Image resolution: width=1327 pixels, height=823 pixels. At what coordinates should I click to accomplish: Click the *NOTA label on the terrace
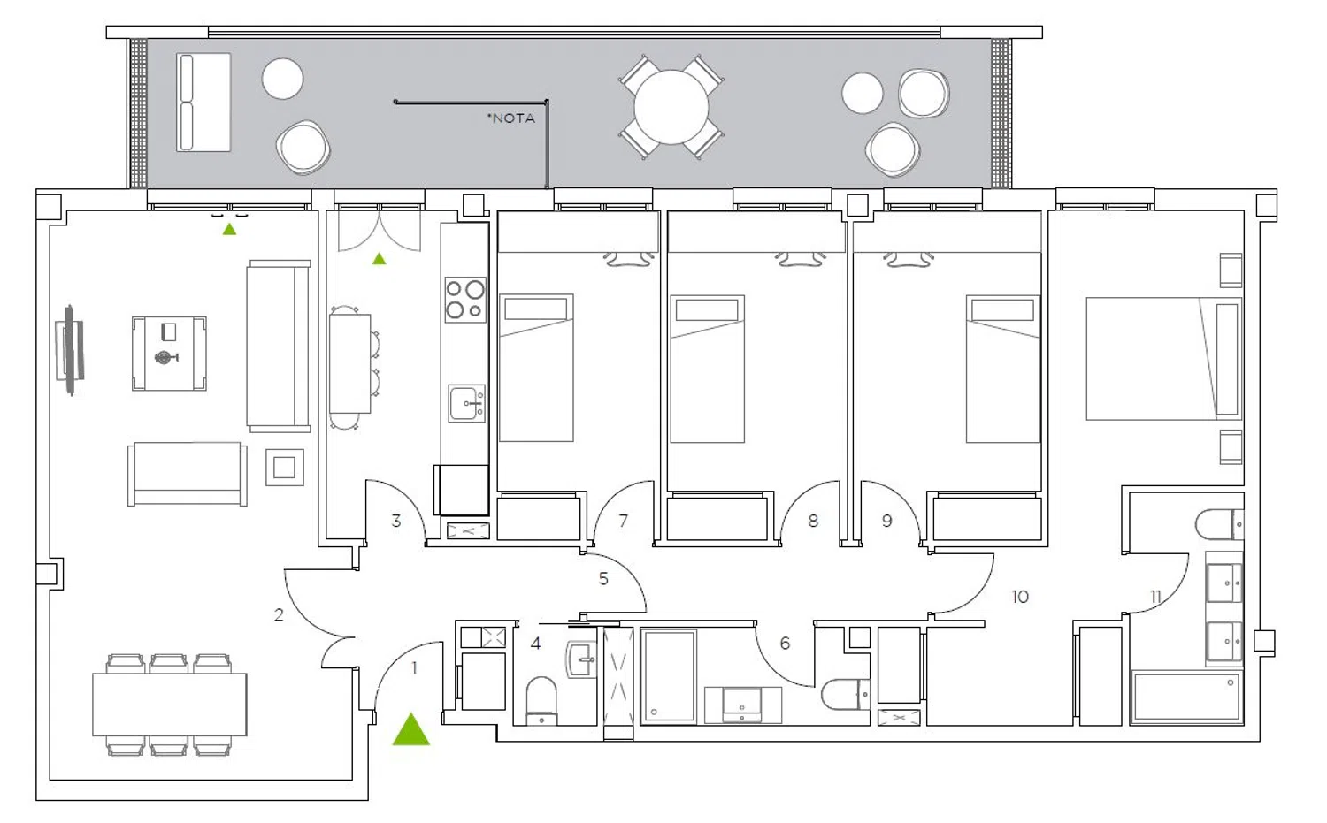click(510, 118)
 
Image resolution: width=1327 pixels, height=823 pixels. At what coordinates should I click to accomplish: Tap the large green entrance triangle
click(411, 730)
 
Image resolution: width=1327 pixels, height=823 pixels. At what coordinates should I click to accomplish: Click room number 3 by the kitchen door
click(395, 521)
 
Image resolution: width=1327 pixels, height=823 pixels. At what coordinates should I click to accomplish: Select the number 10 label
click(1020, 597)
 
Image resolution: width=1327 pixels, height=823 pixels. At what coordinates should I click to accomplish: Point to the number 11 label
click(1155, 597)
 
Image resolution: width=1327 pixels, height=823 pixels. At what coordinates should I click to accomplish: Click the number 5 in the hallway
click(603, 578)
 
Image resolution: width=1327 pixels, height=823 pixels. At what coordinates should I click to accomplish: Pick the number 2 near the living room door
click(279, 615)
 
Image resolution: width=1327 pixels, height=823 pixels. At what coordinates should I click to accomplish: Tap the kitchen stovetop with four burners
click(465, 300)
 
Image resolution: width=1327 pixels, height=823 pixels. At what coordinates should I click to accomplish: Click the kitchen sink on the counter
click(467, 403)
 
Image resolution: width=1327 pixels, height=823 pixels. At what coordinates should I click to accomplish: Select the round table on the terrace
click(671, 107)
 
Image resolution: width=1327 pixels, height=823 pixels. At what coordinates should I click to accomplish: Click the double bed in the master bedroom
click(1163, 359)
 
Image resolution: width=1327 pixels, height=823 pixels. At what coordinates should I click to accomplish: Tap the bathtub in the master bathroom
click(1186, 697)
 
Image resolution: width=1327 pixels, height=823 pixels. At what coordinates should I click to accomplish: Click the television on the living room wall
click(70, 350)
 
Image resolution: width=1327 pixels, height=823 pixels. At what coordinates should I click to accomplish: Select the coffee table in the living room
click(169, 354)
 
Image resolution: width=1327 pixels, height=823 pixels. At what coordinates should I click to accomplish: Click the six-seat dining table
click(170, 705)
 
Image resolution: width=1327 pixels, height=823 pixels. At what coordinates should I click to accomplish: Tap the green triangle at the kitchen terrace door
click(380, 259)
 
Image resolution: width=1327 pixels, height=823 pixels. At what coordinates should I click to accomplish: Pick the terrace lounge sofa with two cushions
click(203, 103)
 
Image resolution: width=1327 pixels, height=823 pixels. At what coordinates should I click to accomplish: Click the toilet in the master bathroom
click(1219, 524)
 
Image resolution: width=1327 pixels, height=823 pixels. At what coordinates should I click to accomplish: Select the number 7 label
click(623, 521)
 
